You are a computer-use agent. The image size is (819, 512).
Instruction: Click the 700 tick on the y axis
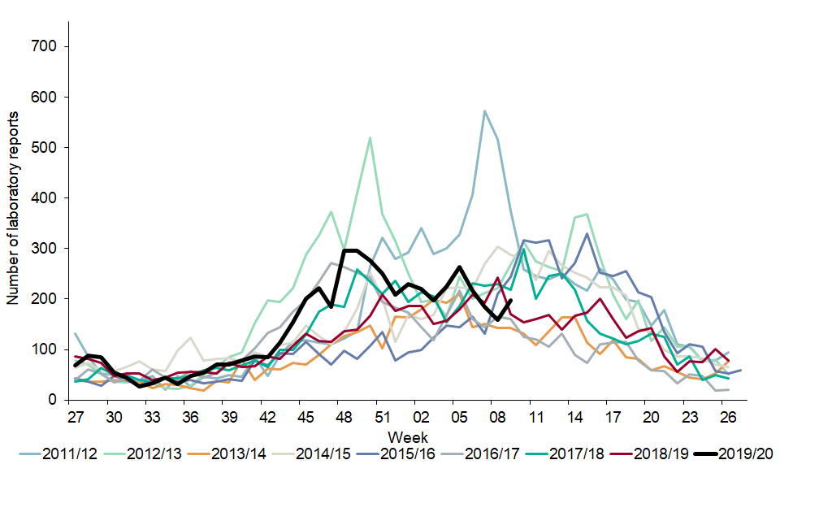click(x=45, y=46)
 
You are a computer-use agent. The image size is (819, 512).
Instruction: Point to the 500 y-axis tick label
click(x=45, y=147)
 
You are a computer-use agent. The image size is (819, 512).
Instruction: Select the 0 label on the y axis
click(x=53, y=400)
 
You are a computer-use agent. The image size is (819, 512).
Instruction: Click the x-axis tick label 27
click(x=76, y=416)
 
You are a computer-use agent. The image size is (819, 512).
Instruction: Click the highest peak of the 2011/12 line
click(x=484, y=111)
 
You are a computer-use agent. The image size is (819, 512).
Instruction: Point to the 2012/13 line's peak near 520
click(x=370, y=137)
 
